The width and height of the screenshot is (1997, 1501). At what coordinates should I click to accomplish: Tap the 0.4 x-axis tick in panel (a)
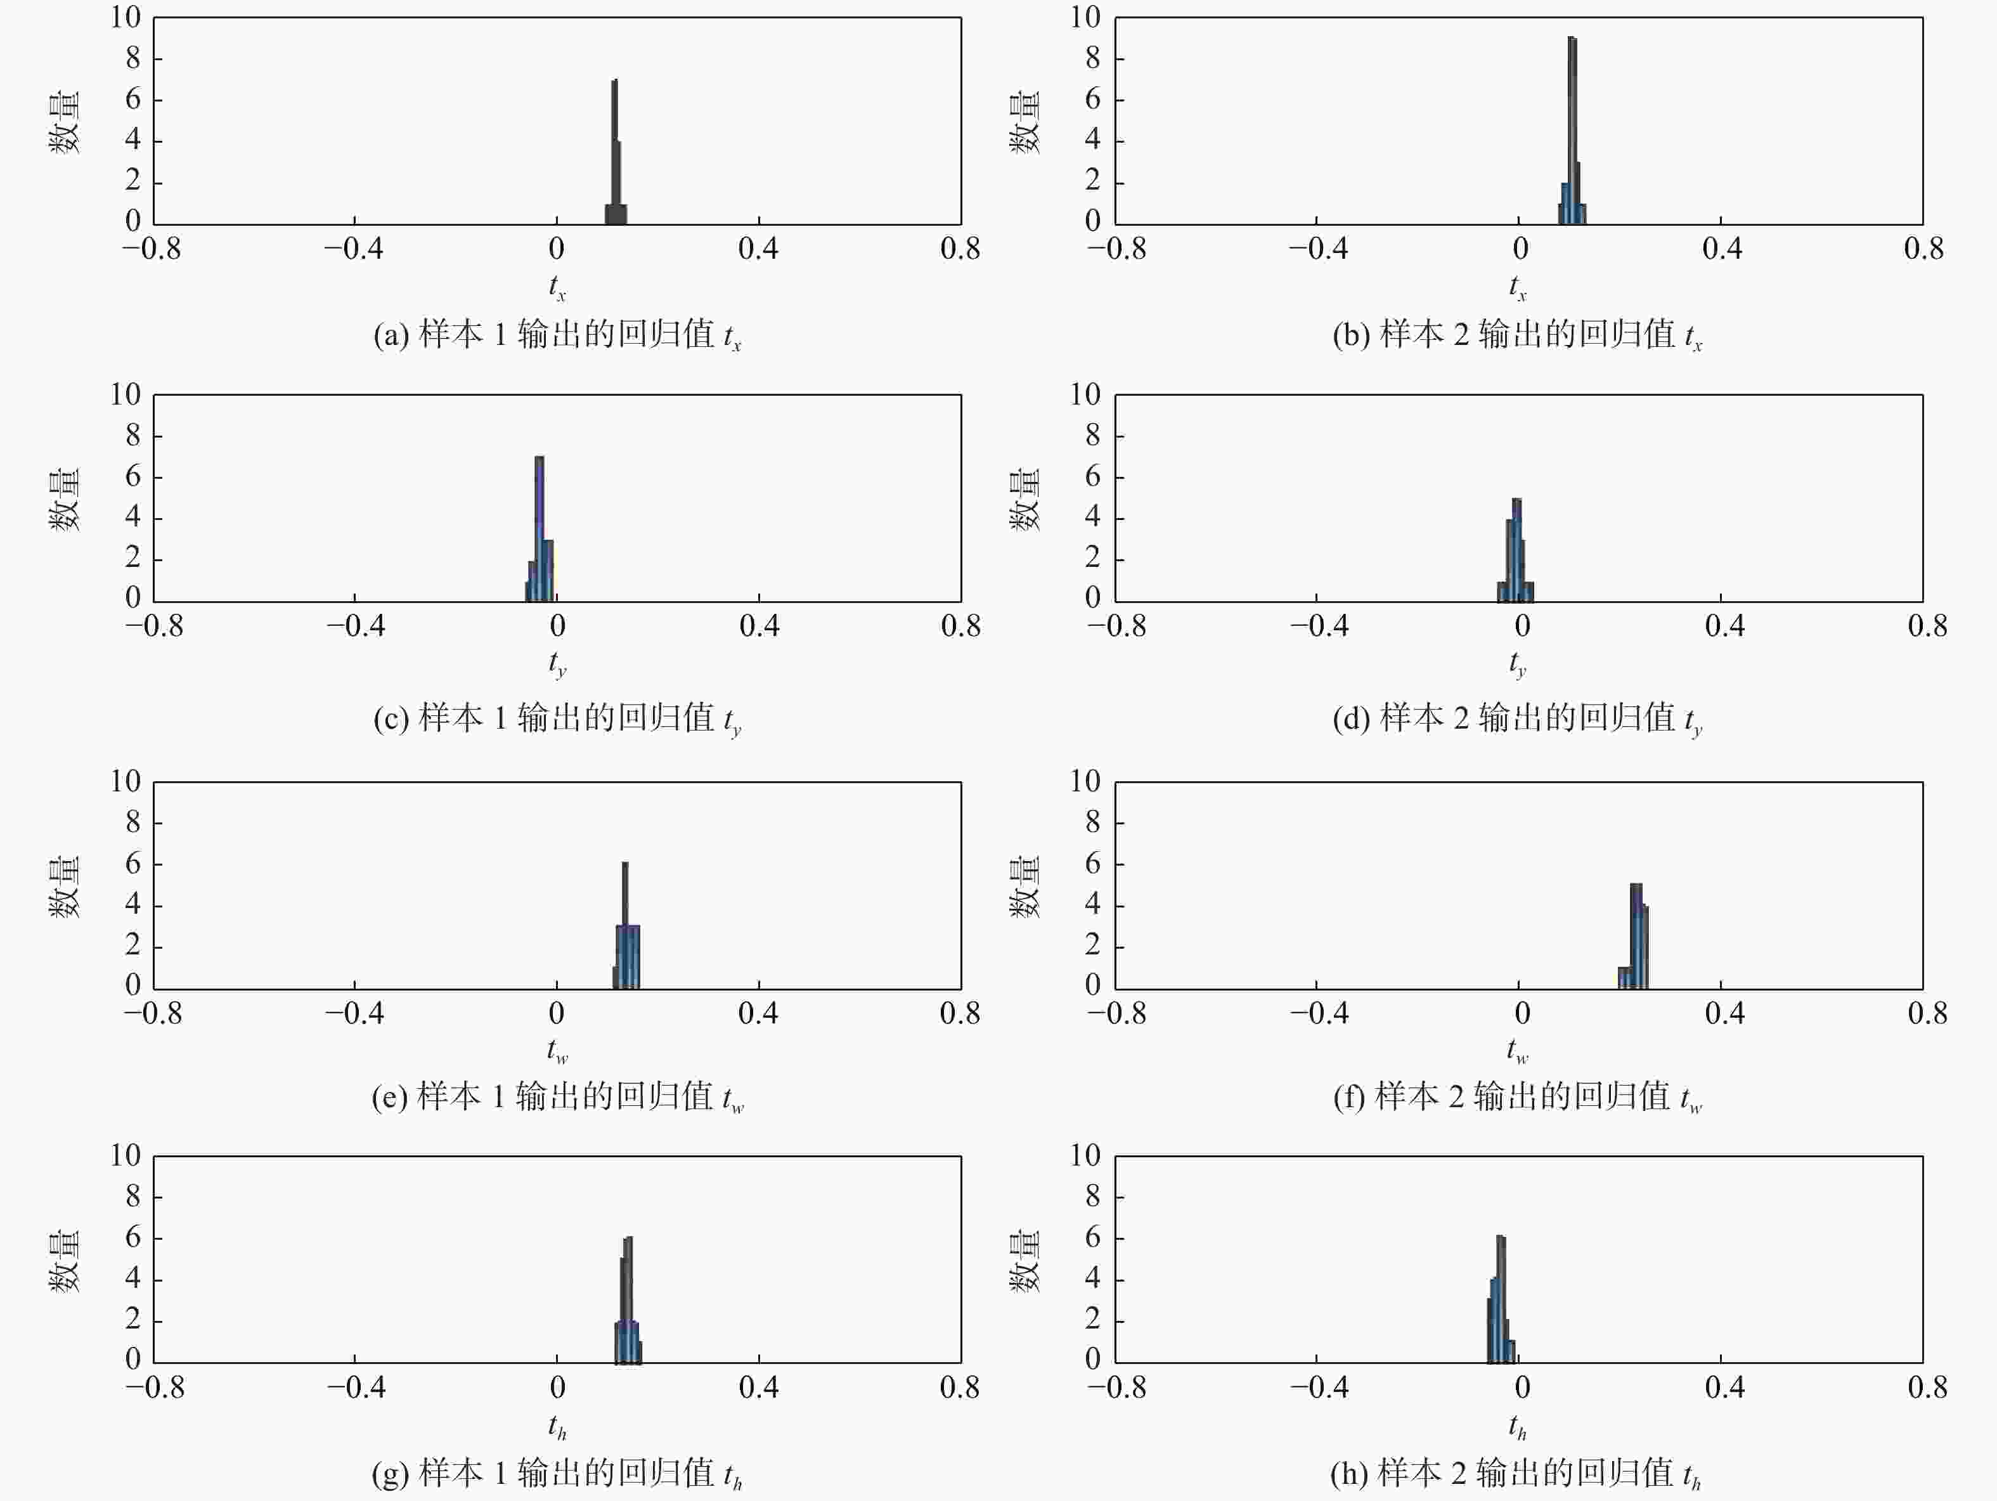click(758, 249)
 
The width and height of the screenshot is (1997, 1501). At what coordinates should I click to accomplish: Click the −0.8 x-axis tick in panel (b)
click(1117, 249)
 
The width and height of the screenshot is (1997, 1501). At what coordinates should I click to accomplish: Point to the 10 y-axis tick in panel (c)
click(126, 394)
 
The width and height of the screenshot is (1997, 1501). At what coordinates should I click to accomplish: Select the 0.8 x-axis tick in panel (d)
click(1927, 627)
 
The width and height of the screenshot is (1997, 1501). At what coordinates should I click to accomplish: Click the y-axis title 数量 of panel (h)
click(1024, 1260)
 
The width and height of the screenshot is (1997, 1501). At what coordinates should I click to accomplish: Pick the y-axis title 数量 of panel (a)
click(64, 122)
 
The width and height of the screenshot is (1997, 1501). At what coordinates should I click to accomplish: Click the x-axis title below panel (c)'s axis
click(557, 665)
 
